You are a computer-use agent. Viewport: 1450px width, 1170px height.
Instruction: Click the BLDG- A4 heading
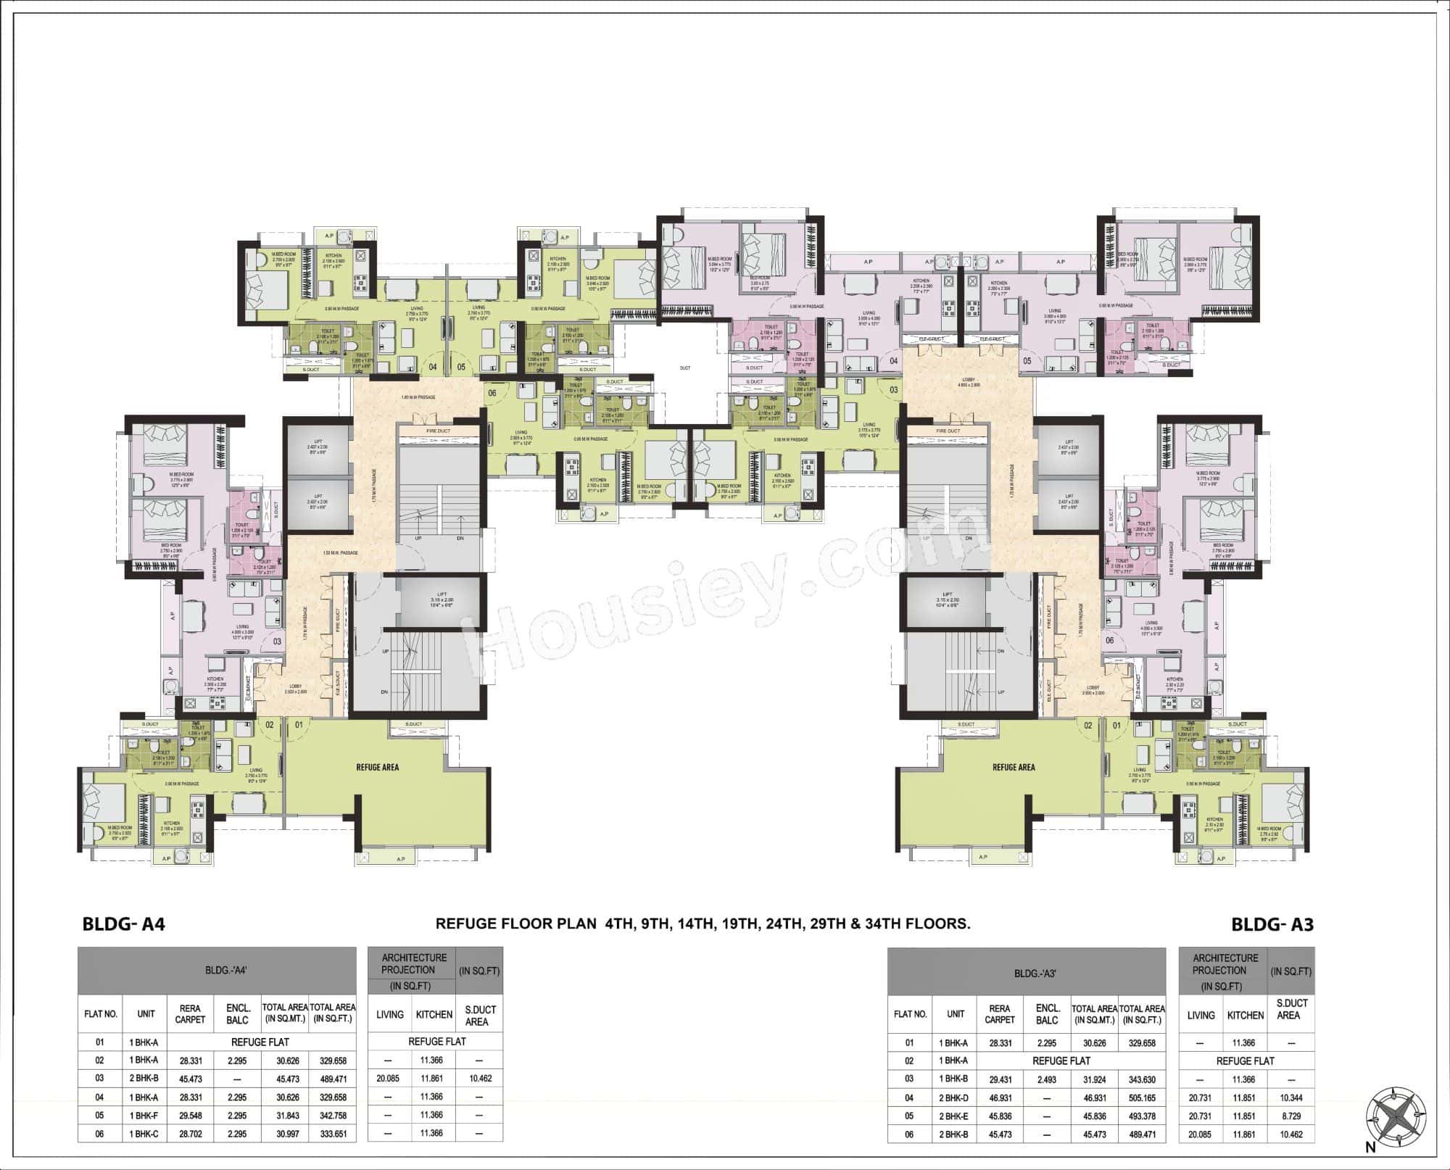[124, 924]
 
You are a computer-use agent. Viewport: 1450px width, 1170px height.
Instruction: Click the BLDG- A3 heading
[1272, 924]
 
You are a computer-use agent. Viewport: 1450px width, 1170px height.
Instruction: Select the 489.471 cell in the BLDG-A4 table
[332, 1078]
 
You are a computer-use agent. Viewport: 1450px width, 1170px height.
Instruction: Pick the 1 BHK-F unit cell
[146, 1115]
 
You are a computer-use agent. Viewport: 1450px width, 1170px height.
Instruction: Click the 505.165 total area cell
[1142, 1098]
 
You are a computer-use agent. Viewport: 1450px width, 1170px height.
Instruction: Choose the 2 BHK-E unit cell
[956, 1116]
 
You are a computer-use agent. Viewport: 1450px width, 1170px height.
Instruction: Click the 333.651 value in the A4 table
[332, 1133]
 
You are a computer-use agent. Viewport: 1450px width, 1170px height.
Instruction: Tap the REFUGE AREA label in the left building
[377, 767]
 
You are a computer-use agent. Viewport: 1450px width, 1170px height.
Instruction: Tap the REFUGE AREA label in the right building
[1014, 767]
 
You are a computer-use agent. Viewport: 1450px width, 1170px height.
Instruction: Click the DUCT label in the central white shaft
[684, 368]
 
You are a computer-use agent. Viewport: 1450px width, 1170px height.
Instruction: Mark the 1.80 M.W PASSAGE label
[418, 397]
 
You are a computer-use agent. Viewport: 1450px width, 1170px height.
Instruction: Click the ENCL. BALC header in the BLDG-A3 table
[1047, 1014]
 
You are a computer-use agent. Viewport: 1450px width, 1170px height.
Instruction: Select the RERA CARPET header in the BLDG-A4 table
[190, 1013]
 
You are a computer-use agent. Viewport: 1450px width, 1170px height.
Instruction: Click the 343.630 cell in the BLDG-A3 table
[1142, 1079]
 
